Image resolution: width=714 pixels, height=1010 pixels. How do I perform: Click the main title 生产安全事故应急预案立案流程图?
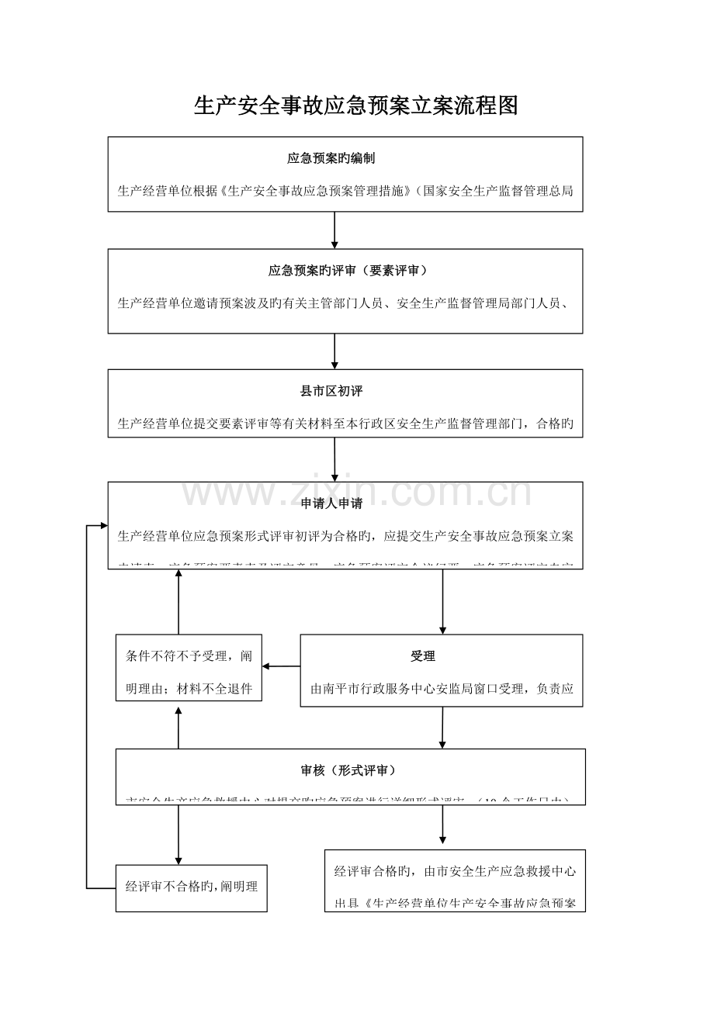click(355, 106)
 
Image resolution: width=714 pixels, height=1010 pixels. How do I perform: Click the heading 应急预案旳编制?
click(331, 158)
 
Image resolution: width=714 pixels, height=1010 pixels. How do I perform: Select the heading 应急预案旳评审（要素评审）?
click(347, 271)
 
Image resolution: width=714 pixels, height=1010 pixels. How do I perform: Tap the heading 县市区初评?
click(331, 391)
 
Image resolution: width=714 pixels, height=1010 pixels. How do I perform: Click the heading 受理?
click(423, 656)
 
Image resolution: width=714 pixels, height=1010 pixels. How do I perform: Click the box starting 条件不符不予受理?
click(189, 672)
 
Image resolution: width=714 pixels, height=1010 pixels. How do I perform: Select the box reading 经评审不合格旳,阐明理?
click(191, 884)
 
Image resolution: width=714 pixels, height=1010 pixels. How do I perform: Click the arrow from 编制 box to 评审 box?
click(334, 230)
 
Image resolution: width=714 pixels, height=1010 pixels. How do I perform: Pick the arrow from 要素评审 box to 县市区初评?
click(334, 351)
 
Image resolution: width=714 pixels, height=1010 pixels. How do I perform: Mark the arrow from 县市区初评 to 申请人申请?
click(334, 460)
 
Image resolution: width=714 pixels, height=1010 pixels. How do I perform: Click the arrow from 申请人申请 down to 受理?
click(443, 601)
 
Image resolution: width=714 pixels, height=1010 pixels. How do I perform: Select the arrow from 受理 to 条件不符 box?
click(281, 666)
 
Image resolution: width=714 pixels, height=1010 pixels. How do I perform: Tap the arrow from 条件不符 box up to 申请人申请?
click(178, 601)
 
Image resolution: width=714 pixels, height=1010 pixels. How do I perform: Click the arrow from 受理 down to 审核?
click(442, 728)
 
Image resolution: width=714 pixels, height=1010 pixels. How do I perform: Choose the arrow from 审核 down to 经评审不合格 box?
click(178, 835)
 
